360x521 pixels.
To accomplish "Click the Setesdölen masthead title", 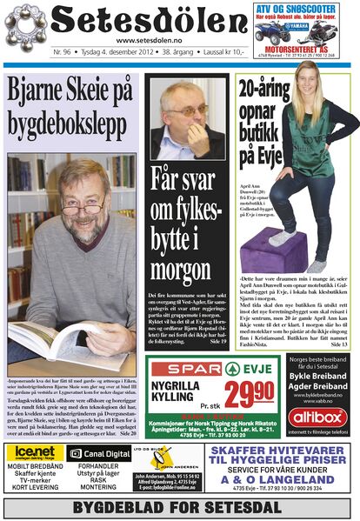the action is (139, 21).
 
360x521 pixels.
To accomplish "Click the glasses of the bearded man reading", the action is (81, 209).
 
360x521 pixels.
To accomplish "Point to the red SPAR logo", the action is (183, 368).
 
